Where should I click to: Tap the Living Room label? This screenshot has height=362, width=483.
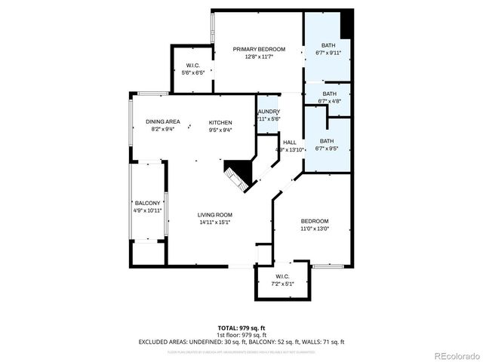tap(215, 215)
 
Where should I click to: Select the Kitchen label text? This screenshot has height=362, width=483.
tap(220, 122)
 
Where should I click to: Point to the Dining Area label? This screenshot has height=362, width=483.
tap(163, 122)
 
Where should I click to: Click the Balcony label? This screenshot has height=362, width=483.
tap(148, 203)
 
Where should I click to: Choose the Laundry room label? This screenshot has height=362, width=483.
tap(269, 112)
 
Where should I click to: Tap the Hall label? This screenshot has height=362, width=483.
tap(290, 142)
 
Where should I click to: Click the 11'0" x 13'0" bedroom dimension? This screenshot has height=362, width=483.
tap(315, 229)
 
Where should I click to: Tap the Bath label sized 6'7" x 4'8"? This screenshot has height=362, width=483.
tap(329, 94)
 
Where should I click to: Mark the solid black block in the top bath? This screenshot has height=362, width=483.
tap(346, 23)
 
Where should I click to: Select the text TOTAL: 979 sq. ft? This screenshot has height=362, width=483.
tap(241, 328)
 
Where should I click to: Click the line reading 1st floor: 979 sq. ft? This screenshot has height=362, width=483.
tap(241, 335)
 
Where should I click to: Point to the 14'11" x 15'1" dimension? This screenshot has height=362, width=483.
tap(215, 222)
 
